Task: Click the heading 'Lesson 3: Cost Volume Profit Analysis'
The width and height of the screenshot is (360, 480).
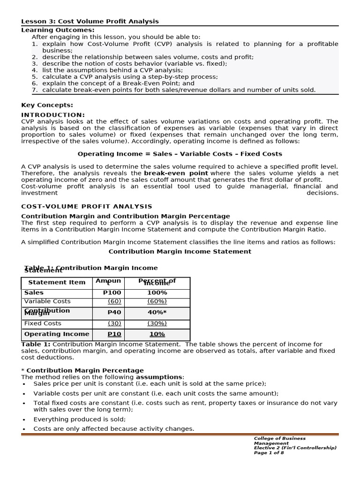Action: pyautogui.click(x=90, y=22)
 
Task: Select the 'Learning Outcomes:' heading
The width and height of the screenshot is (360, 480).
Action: pyautogui.click(x=58, y=30)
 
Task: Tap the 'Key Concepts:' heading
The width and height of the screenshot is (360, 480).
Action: pyautogui.click(x=47, y=105)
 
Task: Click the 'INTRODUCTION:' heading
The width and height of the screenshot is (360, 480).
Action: pyautogui.click(x=53, y=115)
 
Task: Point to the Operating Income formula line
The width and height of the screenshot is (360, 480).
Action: pyautogui.click(x=180, y=154)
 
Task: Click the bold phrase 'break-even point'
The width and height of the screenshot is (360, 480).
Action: pyautogui.click(x=176, y=173)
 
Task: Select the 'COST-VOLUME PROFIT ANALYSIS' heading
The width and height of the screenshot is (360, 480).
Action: pyautogui.click(x=87, y=206)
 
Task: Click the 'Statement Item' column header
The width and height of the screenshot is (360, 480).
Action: pyautogui.click(x=57, y=282)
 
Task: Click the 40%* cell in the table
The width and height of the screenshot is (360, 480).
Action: pyautogui.click(x=157, y=312)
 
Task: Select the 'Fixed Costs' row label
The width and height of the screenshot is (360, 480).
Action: pyautogui.click(x=43, y=323)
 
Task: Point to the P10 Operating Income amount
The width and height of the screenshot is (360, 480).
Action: pyautogui.click(x=114, y=334)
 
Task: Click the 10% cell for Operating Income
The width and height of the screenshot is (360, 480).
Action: pyautogui.click(x=157, y=334)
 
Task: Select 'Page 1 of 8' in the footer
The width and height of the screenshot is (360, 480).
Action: pyautogui.click(x=269, y=452)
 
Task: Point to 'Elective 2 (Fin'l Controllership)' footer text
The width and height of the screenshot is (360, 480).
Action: pyautogui.click(x=295, y=448)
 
